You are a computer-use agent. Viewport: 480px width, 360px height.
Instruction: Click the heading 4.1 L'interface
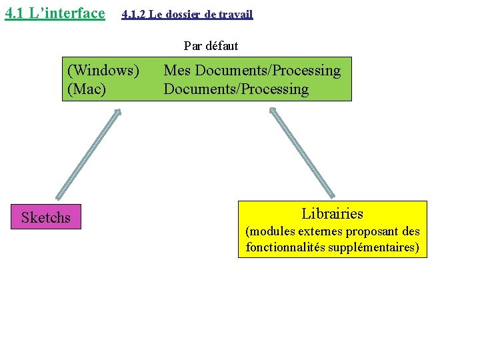[x=55, y=13]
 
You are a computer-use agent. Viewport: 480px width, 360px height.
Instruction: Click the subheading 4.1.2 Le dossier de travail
[x=187, y=14]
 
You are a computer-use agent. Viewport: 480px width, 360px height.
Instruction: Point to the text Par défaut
[x=211, y=46]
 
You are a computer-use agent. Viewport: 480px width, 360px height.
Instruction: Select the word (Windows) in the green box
[x=103, y=70]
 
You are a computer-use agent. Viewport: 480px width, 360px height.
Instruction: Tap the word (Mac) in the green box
[x=87, y=89]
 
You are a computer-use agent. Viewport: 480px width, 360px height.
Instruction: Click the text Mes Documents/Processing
[x=252, y=70]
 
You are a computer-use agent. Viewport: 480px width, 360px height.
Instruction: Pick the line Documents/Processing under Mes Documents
[x=236, y=89]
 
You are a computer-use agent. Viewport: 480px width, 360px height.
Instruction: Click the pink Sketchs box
[x=46, y=217]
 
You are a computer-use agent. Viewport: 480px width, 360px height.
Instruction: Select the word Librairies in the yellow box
[x=332, y=213]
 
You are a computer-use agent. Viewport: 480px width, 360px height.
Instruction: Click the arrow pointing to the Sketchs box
[x=89, y=154]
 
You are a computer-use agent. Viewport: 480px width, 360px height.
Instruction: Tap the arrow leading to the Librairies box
[x=302, y=153]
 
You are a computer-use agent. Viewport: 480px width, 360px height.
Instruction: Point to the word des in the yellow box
[x=412, y=232]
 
